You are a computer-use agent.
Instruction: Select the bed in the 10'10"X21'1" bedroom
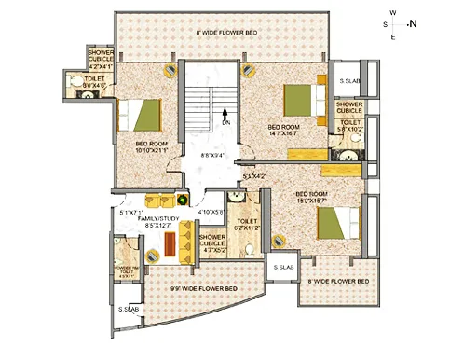pos(144,114)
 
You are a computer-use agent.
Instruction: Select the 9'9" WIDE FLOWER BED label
pos(204,289)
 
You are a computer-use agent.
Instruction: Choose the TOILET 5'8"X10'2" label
pos(350,126)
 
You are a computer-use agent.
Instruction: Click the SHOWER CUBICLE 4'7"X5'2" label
pos(212,244)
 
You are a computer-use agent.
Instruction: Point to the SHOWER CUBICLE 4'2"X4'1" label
pos(101,59)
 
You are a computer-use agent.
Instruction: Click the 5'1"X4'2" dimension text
pos(253,175)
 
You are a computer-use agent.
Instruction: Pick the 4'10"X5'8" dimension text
pos(211,212)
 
